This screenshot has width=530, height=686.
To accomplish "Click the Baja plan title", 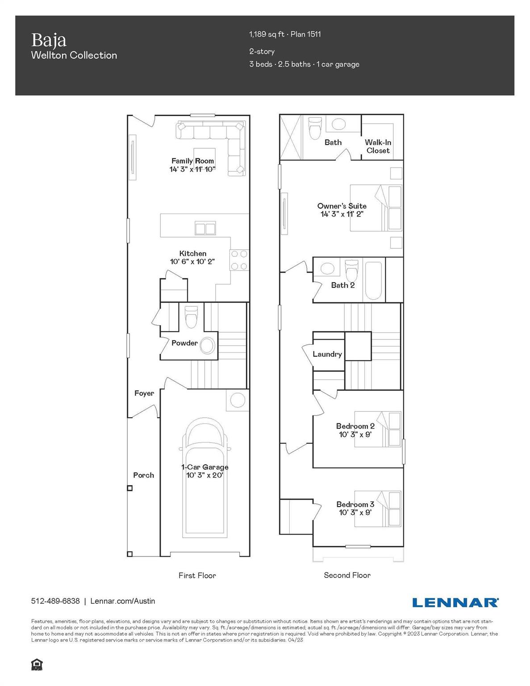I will coord(49,40).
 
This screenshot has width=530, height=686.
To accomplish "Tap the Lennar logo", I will coord(455,602).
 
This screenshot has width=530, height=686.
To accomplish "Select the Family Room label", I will coord(192,161).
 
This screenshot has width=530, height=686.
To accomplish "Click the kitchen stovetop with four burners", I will coord(239,260).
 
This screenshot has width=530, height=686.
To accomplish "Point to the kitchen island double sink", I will coord(205,228).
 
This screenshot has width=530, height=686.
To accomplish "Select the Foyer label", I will coord(144,393).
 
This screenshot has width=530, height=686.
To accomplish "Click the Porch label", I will coord(143,475).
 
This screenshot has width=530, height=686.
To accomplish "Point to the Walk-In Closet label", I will coord(378,146).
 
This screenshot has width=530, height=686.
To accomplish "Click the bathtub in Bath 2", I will coord(373,280).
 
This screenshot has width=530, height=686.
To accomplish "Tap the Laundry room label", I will coord(327,354).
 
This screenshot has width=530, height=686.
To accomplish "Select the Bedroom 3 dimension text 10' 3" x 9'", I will coord(355,513).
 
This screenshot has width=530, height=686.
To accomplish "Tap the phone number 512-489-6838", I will coord(55,601).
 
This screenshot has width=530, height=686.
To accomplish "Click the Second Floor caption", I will coord(347,575).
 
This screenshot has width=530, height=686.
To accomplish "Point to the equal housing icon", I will coord(37,665).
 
